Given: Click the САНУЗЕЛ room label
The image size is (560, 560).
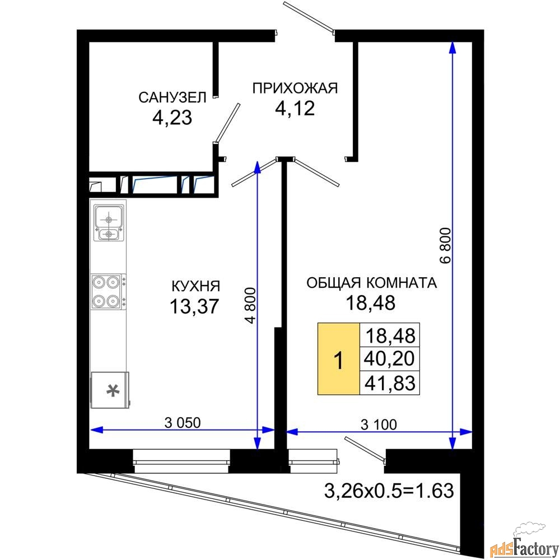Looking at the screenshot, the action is pyautogui.click(x=172, y=97).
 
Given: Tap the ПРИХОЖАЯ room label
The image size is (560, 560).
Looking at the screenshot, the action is pyautogui.click(x=295, y=88).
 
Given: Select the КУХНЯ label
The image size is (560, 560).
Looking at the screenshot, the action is pyautogui.click(x=196, y=286).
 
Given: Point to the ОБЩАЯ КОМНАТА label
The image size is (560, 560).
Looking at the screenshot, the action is pyautogui.click(x=371, y=282).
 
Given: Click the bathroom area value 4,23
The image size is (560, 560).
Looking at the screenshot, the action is pyautogui.click(x=172, y=118).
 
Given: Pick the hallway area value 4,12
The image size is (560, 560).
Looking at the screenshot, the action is pyautogui.click(x=295, y=108).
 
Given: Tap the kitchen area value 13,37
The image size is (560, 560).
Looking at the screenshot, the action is pyautogui.click(x=194, y=306).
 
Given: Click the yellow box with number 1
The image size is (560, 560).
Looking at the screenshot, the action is pyautogui.click(x=339, y=358).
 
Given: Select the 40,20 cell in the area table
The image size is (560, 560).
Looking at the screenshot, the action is pyautogui.click(x=390, y=358).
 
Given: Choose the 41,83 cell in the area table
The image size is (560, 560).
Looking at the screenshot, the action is pyautogui.click(x=390, y=383).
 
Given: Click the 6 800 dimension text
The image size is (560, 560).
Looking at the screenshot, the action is pyautogui.click(x=446, y=245).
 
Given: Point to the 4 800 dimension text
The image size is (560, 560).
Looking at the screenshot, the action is pyautogui.click(x=250, y=305).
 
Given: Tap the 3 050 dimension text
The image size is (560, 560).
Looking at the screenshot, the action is pyautogui.click(x=183, y=422).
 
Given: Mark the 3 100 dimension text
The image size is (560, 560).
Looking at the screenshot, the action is pyautogui.click(x=379, y=424).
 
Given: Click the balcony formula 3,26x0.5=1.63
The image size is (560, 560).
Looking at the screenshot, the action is pyautogui.click(x=389, y=491).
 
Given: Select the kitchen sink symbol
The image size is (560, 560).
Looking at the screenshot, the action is pyautogui.click(x=109, y=222).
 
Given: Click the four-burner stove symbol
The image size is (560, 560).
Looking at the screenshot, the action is pyautogui.click(x=109, y=292).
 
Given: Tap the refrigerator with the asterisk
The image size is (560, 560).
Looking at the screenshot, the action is pyautogui.click(x=110, y=390).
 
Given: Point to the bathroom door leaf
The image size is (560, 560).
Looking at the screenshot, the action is pyautogui.click(x=228, y=122).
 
